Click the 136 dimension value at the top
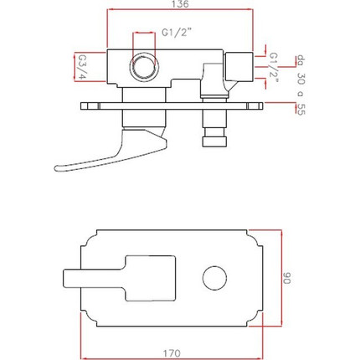pyautogui.click(x=180, y=4)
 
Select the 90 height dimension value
pyautogui.click(x=286, y=278)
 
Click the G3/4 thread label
pyautogui.click(x=81, y=67)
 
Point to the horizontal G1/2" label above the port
pyautogui.click(x=177, y=33)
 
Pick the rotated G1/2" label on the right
pyautogui.click(x=274, y=69)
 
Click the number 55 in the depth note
pyautogui.click(x=301, y=109)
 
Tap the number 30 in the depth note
pyautogui.click(x=301, y=79)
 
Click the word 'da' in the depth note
pyautogui.click(x=301, y=59)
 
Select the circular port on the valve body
pyautogui.click(x=142, y=67)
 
